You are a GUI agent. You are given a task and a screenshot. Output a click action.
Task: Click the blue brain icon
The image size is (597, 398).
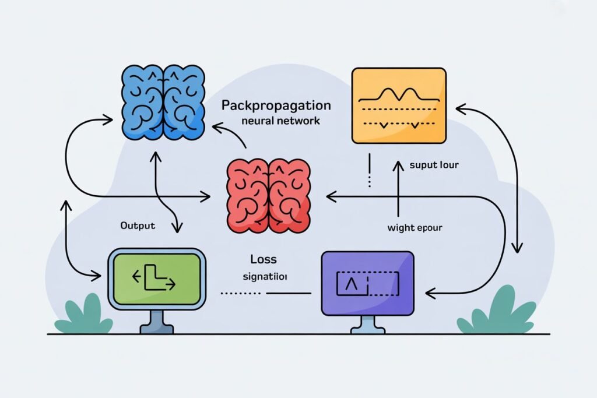(x=163, y=103)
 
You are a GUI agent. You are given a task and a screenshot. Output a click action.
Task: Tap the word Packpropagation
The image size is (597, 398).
(x=276, y=106)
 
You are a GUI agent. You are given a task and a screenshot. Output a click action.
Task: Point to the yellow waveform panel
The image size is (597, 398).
(x=399, y=105)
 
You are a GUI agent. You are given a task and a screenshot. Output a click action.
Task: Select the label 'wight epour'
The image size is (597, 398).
(x=415, y=228)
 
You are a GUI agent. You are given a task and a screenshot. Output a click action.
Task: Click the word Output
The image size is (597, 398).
(x=138, y=226)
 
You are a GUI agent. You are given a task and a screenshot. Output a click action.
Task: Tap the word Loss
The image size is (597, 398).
(x=263, y=259)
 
